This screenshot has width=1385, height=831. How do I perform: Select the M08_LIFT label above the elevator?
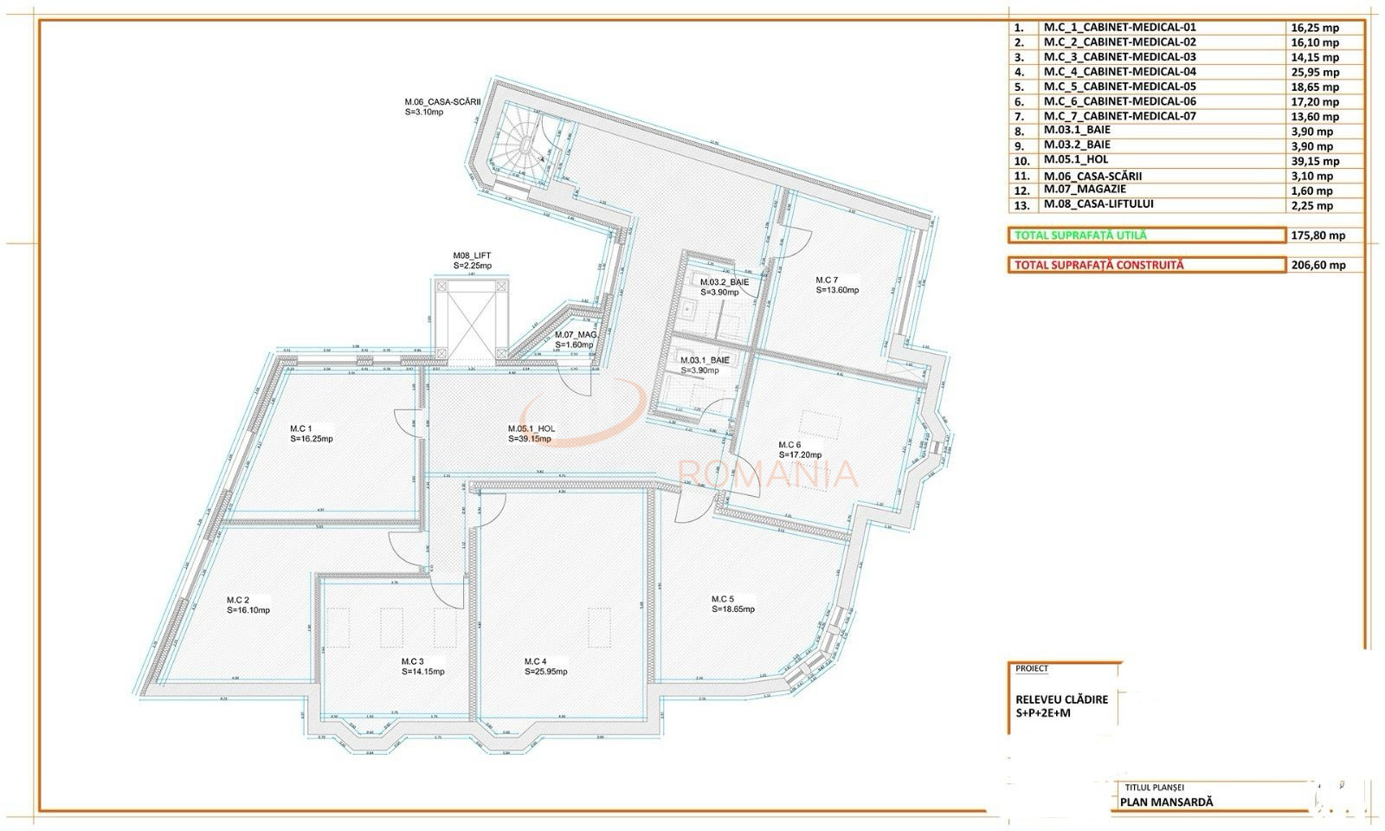472,255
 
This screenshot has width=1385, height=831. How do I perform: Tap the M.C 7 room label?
827,280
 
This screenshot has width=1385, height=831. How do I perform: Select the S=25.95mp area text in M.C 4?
546,672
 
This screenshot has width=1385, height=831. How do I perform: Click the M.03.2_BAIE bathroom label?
725,282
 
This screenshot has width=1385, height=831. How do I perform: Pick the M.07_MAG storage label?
576,335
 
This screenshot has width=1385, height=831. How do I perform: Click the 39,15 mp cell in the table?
1314,161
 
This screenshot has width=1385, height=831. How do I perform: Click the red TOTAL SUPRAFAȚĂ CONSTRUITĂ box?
1146,266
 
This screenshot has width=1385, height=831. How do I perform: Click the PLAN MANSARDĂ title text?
1166,802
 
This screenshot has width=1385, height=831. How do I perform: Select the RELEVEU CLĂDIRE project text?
1061,699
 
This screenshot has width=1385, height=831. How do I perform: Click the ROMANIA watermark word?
769,474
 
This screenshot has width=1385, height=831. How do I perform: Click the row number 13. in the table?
1022,205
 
